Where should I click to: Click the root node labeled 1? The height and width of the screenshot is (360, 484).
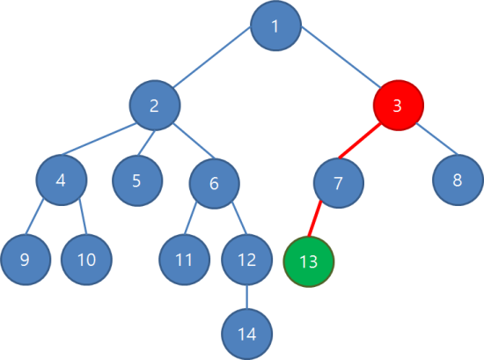coord(275,26)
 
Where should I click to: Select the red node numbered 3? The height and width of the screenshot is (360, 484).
coord(398,106)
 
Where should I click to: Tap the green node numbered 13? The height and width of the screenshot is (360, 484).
coord(309,261)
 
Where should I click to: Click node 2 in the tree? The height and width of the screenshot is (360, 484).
coord(155,106)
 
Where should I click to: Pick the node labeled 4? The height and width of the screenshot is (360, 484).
coord(62,180)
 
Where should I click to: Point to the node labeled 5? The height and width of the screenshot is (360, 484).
coord(137,180)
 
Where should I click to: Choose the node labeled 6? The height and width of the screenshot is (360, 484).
coord(214,183)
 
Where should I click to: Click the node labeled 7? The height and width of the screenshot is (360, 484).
coord(339,183)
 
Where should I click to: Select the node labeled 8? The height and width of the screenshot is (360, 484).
coord(458,180)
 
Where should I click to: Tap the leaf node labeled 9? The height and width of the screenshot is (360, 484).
coord(26,260)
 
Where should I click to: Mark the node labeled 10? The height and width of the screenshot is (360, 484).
coord(87,260)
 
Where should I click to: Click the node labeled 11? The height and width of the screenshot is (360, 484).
coord(185,260)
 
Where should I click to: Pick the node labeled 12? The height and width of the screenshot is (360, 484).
coord(247,260)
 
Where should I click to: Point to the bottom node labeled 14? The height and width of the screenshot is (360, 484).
coord(247,334)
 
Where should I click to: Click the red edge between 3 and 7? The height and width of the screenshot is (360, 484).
coord(359,141)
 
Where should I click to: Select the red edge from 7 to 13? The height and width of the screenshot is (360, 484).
coord(315,219)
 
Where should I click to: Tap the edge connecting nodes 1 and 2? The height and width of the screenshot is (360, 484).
coord(211,57)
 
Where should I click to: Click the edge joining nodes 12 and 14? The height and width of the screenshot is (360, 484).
coord(246,297)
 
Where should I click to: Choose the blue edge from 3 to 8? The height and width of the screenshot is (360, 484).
coord(436,138)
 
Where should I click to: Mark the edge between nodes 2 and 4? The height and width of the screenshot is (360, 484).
coord(99,138)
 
